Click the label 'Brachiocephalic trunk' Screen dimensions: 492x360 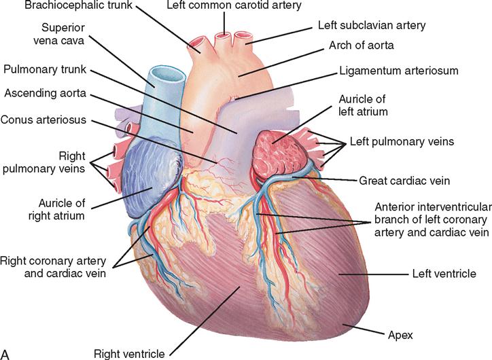click(x=78, y=5)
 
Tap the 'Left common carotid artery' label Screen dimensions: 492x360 click(x=234, y=5)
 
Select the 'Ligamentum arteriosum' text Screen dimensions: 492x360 click(x=399, y=71)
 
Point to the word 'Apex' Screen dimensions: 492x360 click(x=400, y=336)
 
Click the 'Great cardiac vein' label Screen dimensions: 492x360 click(x=404, y=181)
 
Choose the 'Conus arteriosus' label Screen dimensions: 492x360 click(x=43, y=120)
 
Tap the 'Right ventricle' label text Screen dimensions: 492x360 click(x=129, y=354)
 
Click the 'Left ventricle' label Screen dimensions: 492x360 click(x=444, y=274)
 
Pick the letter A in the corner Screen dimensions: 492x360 click(x=5, y=354)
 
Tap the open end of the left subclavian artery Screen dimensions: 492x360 click(x=241, y=36)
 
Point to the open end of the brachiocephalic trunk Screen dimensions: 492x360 click(x=197, y=41)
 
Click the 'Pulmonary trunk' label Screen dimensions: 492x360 click(x=45, y=69)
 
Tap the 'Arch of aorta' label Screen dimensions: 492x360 click(x=361, y=46)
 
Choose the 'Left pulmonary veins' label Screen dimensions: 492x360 click(x=402, y=141)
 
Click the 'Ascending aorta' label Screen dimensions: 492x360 click(x=45, y=94)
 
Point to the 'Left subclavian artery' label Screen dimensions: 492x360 click(x=372, y=25)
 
